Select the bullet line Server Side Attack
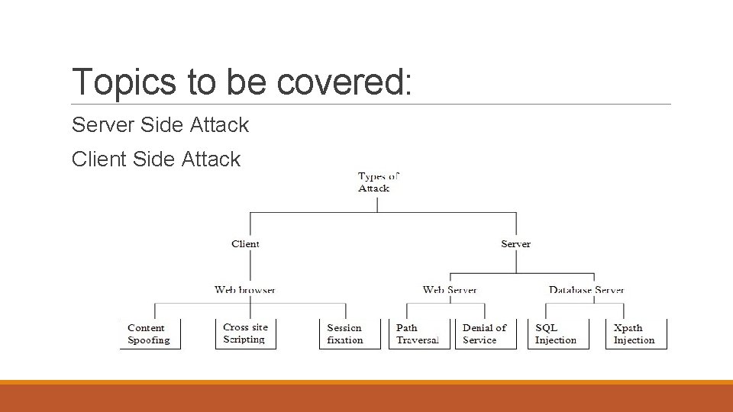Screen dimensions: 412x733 click(x=160, y=124)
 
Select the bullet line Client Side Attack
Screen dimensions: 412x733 click(x=156, y=159)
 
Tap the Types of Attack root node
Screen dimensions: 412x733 click(x=378, y=182)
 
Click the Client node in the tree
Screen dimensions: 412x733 click(x=245, y=244)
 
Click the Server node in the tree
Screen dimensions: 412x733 click(x=515, y=244)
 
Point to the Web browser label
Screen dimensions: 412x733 click(x=244, y=290)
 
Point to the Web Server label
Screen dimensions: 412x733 click(x=450, y=290)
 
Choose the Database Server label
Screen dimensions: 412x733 click(x=586, y=290)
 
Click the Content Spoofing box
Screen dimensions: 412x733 click(x=150, y=334)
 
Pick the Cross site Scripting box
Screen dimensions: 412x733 click(x=245, y=333)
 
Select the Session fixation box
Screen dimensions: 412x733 click(x=349, y=334)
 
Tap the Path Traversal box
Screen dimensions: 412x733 click(x=418, y=334)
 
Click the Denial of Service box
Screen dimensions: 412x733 click(x=485, y=334)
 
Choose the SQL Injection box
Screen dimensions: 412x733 click(x=557, y=334)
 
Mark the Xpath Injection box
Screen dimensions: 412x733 click(x=635, y=334)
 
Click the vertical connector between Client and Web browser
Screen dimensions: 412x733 click(x=250, y=267)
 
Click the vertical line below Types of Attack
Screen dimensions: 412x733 click(x=378, y=204)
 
